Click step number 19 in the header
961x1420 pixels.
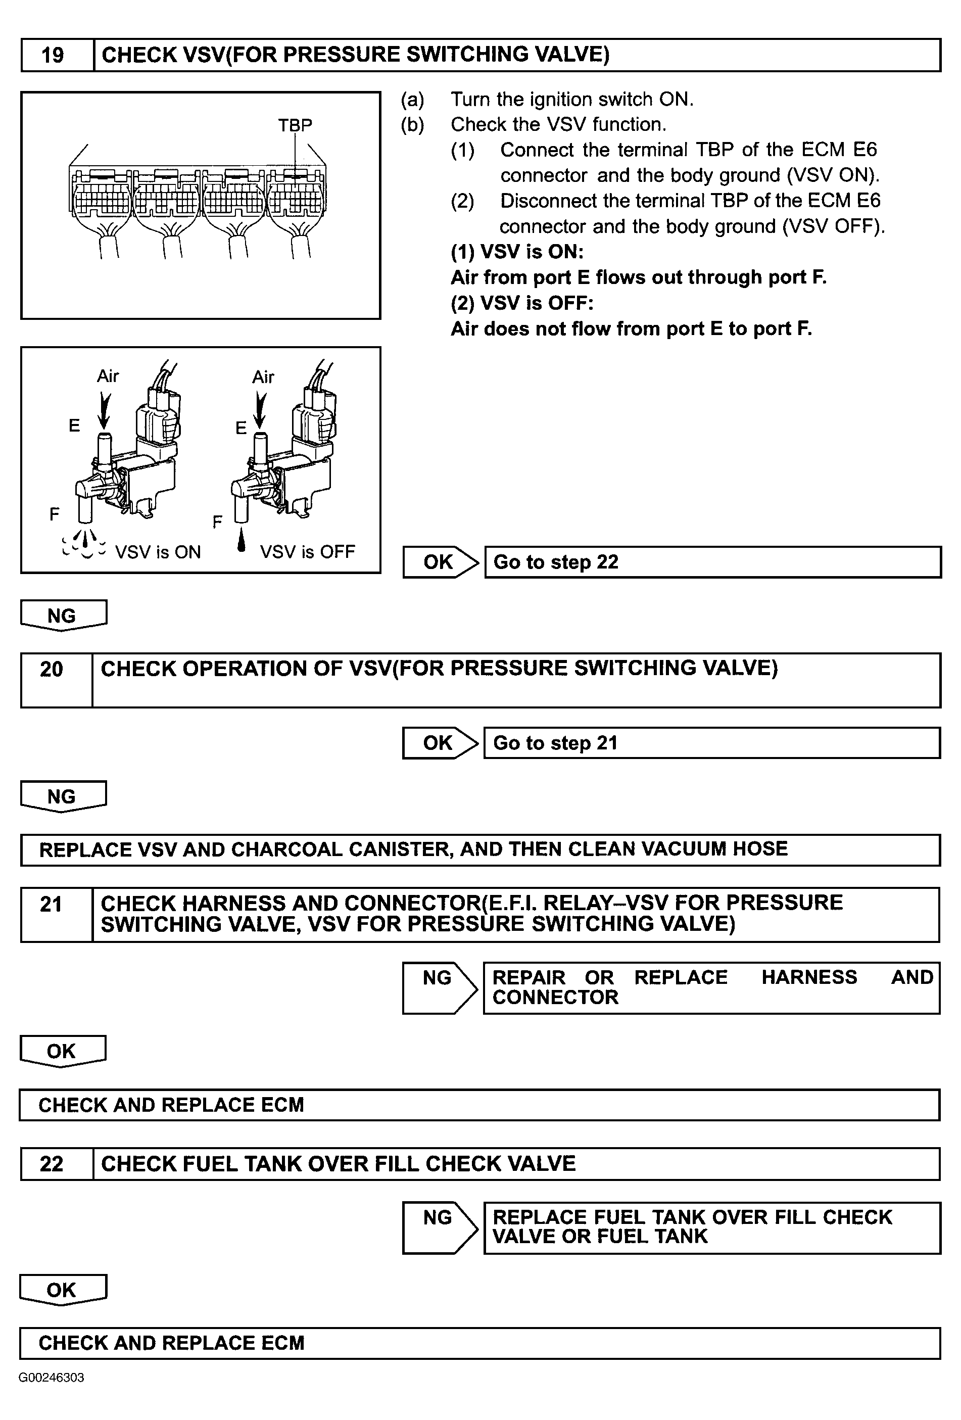click(x=53, y=56)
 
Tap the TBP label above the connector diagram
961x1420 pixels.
click(x=295, y=125)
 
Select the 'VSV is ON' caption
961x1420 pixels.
click(x=158, y=552)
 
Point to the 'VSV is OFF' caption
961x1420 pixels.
click(x=307, y=552)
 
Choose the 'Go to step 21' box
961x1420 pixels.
click(x=712, y=743)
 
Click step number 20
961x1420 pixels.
click(x=52, y=670)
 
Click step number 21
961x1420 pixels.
click(x=52, y=905)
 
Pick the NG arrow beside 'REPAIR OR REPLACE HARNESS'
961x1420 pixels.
click(x=438, y=987)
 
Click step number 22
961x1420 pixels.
click(x=52, y=1163)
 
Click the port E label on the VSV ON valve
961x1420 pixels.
click(x=74, y=425)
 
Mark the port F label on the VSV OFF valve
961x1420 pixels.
click(x=217, y=523)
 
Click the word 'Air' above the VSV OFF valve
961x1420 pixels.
click(x=263, y=377)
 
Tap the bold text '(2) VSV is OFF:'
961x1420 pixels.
click(x=522, y=303)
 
